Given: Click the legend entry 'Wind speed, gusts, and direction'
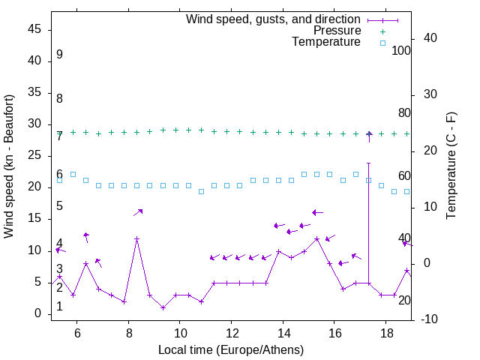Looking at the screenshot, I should [x=274, y=19].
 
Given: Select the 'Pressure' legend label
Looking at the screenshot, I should [x=337, y=31].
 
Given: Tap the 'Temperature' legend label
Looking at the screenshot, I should [x=326, y=42].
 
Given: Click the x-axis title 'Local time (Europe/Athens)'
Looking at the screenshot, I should [x=231, y=349].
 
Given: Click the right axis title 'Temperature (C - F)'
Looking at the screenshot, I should [x=451, y=166].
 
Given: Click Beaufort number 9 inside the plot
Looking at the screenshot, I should [x=59, y=55].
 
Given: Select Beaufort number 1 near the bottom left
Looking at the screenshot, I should [x=59, y=307].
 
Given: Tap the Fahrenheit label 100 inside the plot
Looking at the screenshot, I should [x=401, y=50].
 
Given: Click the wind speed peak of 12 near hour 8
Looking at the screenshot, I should [x=136, y=238].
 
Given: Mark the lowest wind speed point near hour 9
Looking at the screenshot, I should [x=163, y=307].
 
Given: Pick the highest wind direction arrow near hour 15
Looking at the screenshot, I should [x=317, y=212].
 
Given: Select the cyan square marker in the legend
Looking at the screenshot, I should [x=382, y=43].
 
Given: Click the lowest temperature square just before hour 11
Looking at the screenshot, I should [x=201, y=192].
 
